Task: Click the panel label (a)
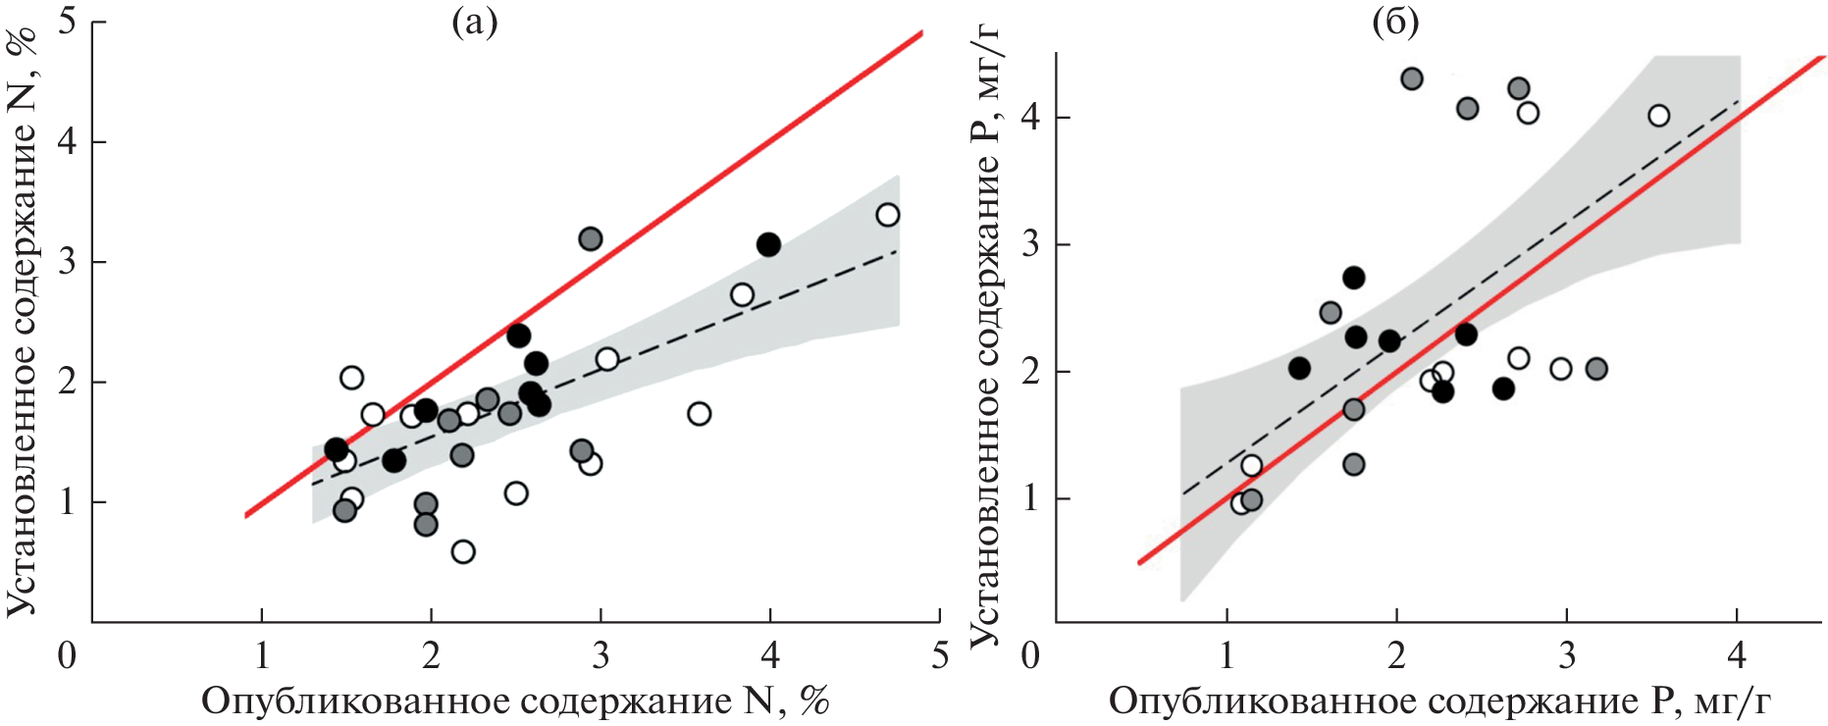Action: coord(474,22)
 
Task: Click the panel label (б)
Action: coord(1395,22)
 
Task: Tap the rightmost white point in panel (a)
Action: coord(887,215)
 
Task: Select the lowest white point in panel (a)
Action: coord(463,551)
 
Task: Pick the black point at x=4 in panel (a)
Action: coord(768,244)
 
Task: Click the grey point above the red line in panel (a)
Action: coord(590,238)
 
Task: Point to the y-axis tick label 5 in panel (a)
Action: coord(68,22)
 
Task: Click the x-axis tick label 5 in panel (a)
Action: coord(940,654)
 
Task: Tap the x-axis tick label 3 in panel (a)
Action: coord(601,654)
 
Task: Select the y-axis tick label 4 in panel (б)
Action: coord(1030,118)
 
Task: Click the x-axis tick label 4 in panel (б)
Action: coord(1737,654)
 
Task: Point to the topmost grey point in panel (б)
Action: coord(1412,78)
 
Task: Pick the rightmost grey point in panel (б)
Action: coord(1595,369)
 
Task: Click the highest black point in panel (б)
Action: coord(1354,278)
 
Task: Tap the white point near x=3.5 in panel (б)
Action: coord(1658,116)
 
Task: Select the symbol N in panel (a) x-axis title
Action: coord(759,701)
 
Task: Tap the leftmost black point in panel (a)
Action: coord(337,449)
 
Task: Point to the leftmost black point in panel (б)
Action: coord(1299,369)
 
